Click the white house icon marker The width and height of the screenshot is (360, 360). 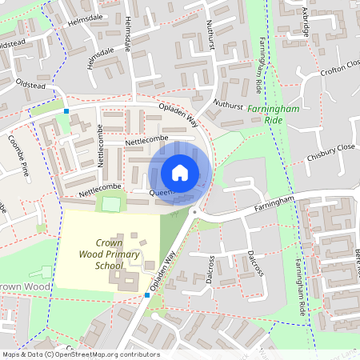tap(180, 172)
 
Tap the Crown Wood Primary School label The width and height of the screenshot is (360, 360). tap(118, 254)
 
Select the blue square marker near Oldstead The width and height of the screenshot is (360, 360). tap(67, 111)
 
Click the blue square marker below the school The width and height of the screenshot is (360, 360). tap(147, 295)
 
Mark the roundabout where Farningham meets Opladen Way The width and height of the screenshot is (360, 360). tap(194, 210)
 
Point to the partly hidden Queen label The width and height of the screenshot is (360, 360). tap(161, 193)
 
